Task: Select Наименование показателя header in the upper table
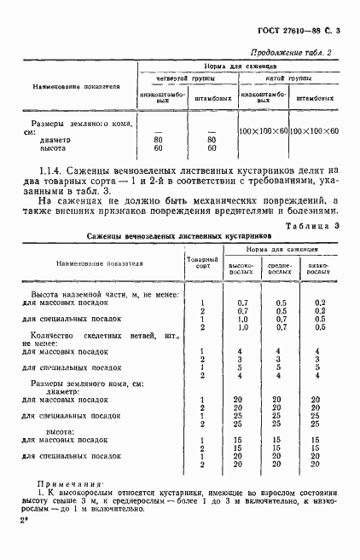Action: tap(76, 86)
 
